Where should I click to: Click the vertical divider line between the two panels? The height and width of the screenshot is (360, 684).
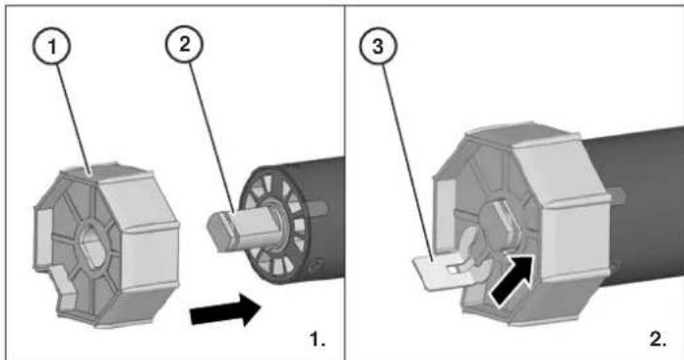(342, 180)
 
